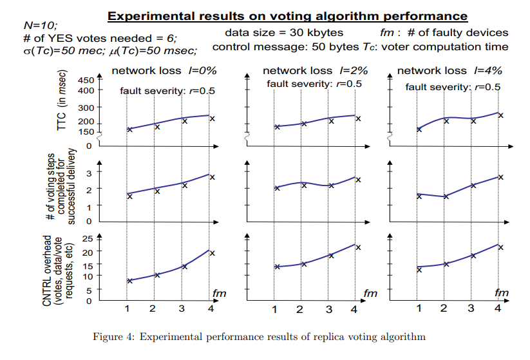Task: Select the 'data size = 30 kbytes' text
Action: (284, 32)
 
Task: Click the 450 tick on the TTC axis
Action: (86, 80)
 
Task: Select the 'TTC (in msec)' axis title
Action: (63, 106)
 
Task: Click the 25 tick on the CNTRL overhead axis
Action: (89, 238)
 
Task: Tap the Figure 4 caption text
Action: (265, 336)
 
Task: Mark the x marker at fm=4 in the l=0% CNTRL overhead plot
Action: (211, 253)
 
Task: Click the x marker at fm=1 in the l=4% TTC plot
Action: (419, 129)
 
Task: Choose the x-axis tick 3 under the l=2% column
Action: (329, 310)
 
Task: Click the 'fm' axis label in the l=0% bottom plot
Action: (220, 293)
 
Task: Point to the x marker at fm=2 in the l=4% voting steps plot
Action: (445, 196)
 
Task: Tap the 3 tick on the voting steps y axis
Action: (90, 173)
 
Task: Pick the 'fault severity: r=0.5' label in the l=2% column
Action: (314, 84)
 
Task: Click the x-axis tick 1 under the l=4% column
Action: (419, 309)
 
